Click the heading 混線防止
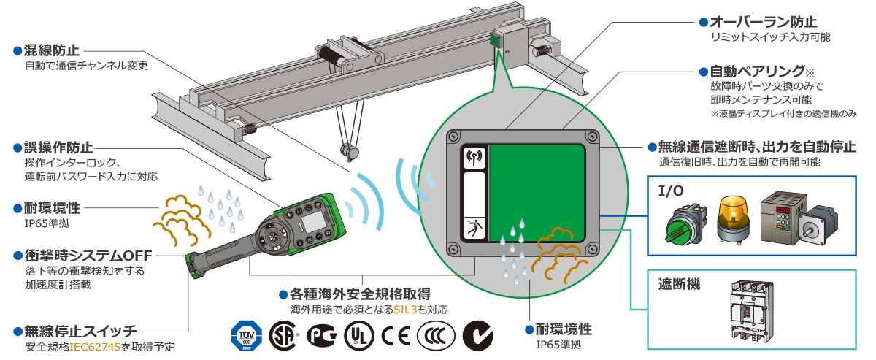click(x=51, y=51)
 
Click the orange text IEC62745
click(x=95, y=346)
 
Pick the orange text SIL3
click(x=406, y=310)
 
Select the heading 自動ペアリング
click(x=756, y=72)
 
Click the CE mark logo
click(x=396, y=337)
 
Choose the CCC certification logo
click(x=435, y=337)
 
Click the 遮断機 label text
click(x=679, y=283)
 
